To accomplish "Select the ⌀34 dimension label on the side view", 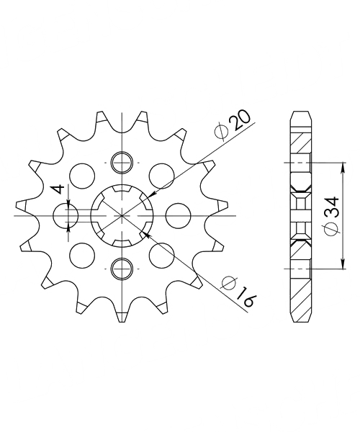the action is pos(332,216).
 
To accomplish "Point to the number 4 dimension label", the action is pos(58,189).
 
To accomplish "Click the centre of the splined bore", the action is pos(122,215).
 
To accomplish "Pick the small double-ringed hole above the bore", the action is pos(122,163).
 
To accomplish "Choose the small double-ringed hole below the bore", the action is pos(122,269).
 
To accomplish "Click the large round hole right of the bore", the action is pos(179,215).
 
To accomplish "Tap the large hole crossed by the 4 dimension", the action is pos(66,215).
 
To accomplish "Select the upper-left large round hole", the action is pos(82,176).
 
